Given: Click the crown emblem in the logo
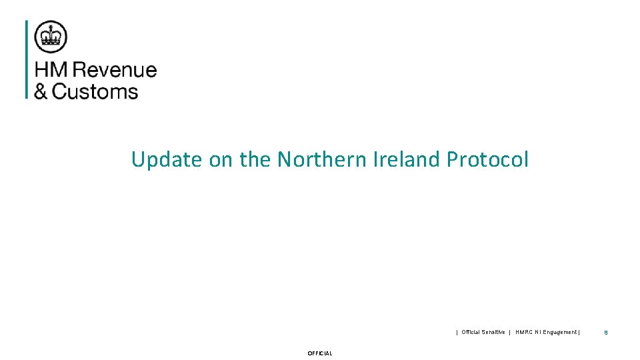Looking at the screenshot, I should point(51,37).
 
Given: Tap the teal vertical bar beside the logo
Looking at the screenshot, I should point(27,59).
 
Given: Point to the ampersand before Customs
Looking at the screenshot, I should point(41,91).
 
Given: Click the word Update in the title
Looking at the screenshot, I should point(166,160).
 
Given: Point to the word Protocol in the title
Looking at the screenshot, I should point(488,160).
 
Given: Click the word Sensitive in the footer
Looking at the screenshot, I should point(492,332).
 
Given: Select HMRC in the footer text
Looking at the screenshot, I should point(525,332).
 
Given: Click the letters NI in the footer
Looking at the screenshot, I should point(539,332).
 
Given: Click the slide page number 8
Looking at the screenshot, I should point(606,332).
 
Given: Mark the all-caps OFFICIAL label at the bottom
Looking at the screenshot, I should point(320,353).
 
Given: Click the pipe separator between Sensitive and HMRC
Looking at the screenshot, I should point(509,332).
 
